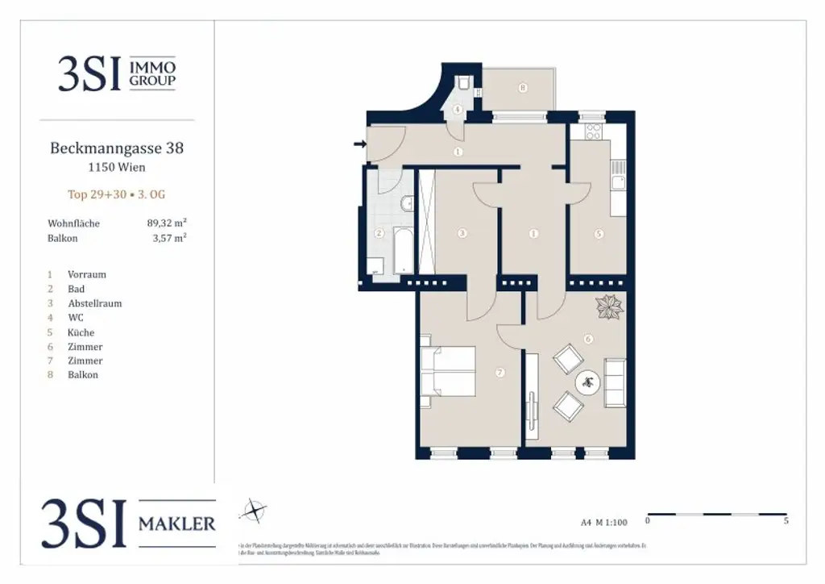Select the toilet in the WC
click(x=464, y=84)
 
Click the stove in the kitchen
click(x=595, y=131)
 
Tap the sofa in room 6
click(x=615, y=384)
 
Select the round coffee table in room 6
click(x=587, y=382)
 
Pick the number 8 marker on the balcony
click(x=523, y=88)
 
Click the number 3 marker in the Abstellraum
click(x=462, y=234)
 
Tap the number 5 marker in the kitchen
click(x=598, y=234)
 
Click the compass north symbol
click(x=254, y=511)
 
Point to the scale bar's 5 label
click(x=786, y=521)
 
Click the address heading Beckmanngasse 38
click(x=117, y=148)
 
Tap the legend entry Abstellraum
click(x=94, y=303)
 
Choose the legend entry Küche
click(x=81, y=332)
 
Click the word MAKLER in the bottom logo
click(x=177, y=524)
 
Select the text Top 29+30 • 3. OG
click(x=117, y=194)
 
